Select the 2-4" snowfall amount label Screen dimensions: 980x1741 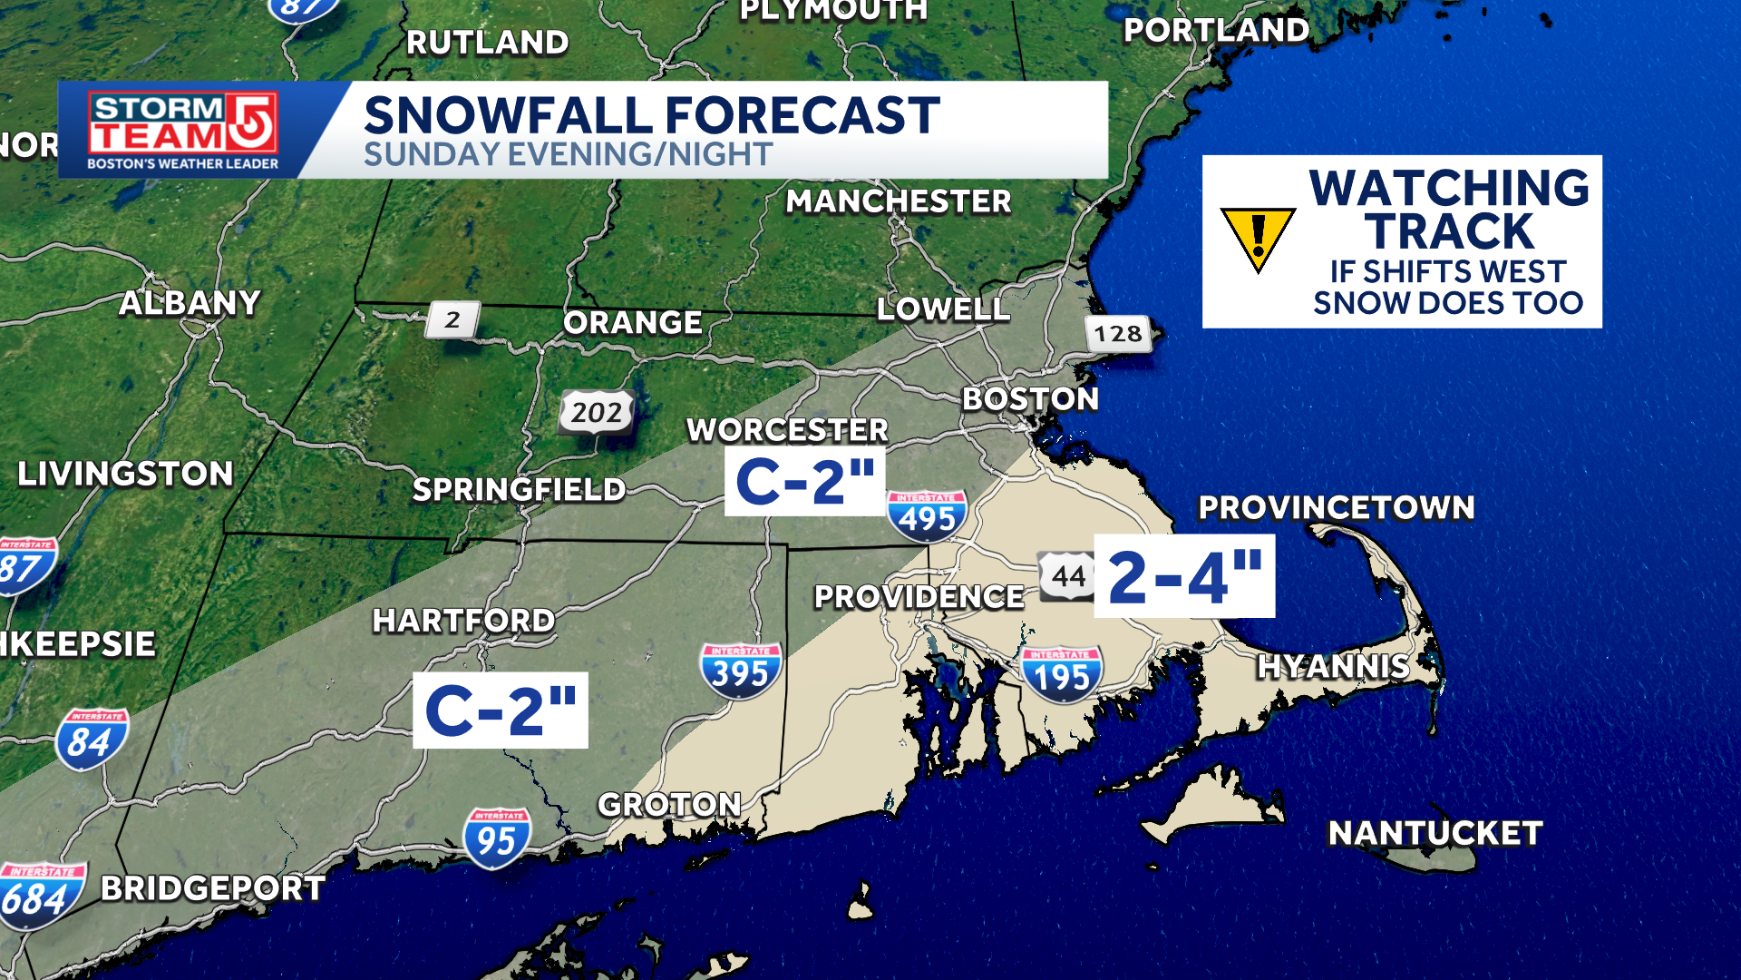[1184, 576]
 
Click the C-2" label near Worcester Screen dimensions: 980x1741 [804, 482]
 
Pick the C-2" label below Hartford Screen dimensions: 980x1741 [500, 710]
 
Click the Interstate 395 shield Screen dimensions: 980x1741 [740, 671]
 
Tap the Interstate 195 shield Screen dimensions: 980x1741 [1061, 674]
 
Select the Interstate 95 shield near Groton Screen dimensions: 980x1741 [496, 838]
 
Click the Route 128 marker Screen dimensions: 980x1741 [1117, 334]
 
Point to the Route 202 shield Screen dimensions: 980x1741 [597, 413]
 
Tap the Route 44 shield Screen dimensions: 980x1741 [1068, 575]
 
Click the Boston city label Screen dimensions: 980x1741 [1030, 399]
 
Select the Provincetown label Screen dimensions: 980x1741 [1336, 508]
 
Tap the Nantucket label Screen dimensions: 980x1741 [1435, 833]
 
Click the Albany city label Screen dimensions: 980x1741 [190, 303]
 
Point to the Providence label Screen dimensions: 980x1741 [919, 597]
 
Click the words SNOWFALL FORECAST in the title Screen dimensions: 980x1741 [651, 116]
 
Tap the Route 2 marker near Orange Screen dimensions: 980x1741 [452, 319]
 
